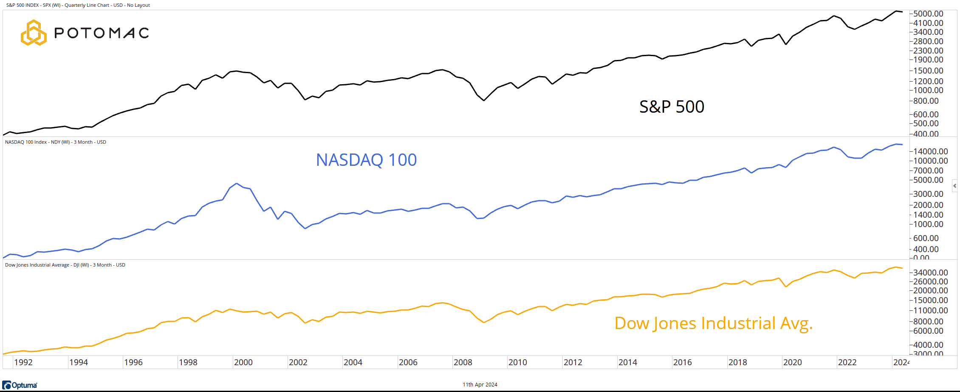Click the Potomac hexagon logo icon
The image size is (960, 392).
(33, 33)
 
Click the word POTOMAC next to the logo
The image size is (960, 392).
(102, 33)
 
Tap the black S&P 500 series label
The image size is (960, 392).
(672, 107)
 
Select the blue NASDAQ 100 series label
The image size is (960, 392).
(366, 160)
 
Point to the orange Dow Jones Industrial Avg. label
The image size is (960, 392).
(713, 324)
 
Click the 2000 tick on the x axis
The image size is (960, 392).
(243, 362)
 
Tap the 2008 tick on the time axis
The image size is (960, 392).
(463, 362)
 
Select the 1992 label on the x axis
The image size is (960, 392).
(23, 362)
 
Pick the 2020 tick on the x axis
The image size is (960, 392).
(792, 362)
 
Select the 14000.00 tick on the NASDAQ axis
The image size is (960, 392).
(930, 151)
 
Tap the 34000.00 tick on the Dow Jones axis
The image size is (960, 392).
(930, 273)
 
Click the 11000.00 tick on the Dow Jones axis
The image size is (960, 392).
(930, 310)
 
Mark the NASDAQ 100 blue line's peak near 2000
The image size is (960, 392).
(237, 184)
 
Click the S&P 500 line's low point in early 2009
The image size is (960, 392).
(484, 100)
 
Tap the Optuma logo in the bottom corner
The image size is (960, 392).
(20, 385)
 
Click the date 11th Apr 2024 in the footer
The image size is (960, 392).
(480, 385)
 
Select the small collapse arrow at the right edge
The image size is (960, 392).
(954, 186)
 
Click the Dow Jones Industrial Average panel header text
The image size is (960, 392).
(65, 265)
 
